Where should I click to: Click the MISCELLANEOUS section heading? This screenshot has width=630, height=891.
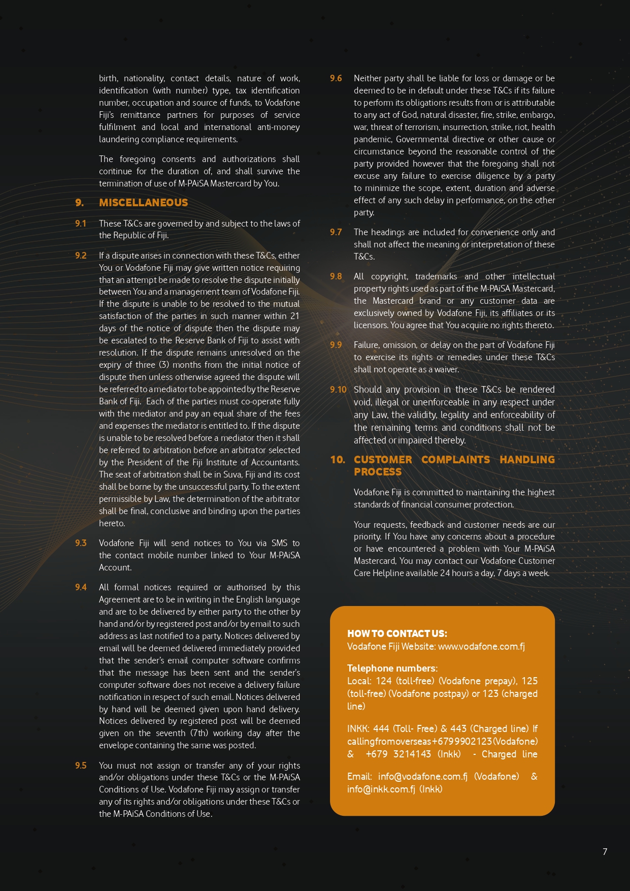(x=143, y=203)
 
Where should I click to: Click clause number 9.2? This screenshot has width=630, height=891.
(x=81, y=256)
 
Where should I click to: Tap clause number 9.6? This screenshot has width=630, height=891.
(x=336, y=78)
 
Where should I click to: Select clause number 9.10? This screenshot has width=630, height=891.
(x=338, y=390)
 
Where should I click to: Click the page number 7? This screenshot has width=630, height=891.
(x=605, y=852)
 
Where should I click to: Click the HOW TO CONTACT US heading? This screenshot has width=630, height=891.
(x=397, y=633)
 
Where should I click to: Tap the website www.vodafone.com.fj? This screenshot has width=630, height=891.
(x=481, y=646)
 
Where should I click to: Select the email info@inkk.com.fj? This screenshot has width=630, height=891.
(x=381, y=789)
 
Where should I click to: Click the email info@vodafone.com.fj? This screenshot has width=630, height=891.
(x=423, y=776)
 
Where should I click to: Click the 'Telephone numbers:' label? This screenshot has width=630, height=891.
(x=392, y=668)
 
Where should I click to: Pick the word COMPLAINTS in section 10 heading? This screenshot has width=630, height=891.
(x=455, y=460)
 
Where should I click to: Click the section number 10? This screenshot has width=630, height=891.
(x=338, y=460)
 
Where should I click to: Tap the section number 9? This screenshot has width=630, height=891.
(x=80, y=203)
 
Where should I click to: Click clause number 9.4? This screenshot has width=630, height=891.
(x=81, y=587)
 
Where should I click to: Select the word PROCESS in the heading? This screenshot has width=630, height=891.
(x=378, y=472)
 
